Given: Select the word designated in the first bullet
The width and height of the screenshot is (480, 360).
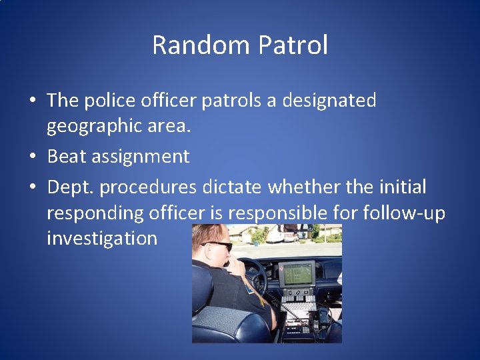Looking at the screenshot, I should tap(329, 101).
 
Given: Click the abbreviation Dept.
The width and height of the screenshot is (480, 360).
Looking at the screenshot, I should tap(70, 187).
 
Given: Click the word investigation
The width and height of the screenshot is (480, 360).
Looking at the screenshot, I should tap(102, 238).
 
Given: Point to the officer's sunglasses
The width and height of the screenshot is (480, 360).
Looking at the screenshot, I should tap(220, 245).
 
